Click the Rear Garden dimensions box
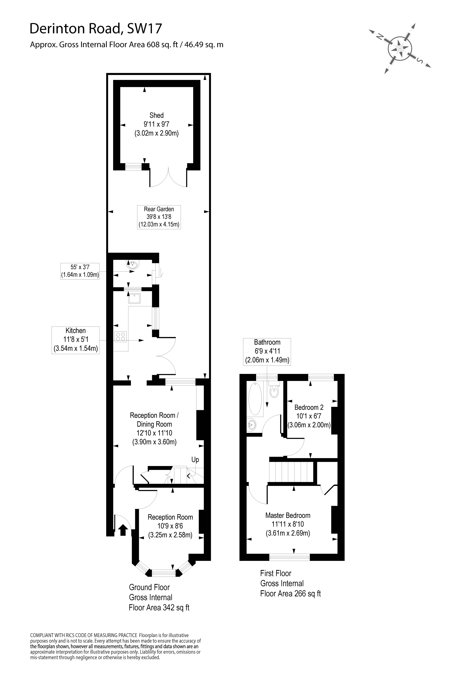pos(159,217)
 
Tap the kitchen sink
pos(134,299)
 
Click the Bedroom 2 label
pos(309,416)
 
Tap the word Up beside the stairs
pos(195,460)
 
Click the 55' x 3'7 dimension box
pos(80,271)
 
